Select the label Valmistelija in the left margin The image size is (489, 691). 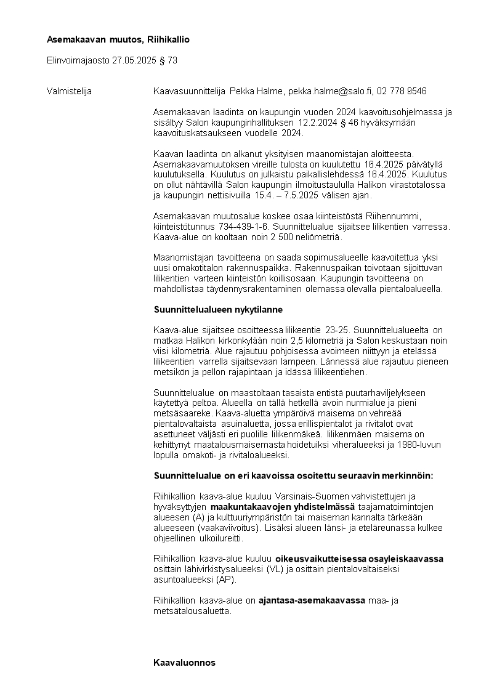pyautogui.click(x=69, y=91)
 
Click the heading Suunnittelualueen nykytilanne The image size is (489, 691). pyautogui.click(x=217, y=309)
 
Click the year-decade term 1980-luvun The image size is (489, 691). pyautogui.click(x=427, y=445)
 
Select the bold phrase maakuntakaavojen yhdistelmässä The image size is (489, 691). pyautogui.click(x=278, y=507)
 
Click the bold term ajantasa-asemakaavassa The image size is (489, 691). pyautogui.click(x=312, y=600)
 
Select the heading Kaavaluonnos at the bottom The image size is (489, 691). pyautogui.click(x=184, y=662)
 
